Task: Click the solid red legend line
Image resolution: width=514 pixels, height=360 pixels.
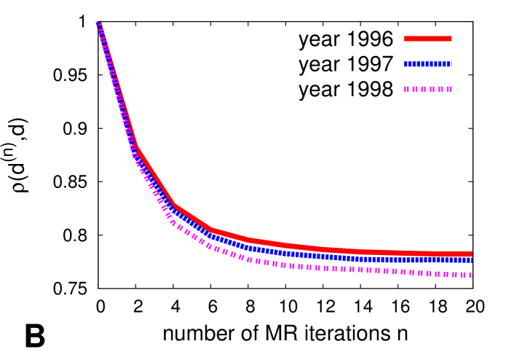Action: pyautogui.click(x=427, y=39)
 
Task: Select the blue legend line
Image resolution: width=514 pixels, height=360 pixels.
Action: pyautogui.click(x=427, y=64)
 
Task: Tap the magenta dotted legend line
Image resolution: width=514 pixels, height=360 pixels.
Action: pyautogui.click(x=427, y=89)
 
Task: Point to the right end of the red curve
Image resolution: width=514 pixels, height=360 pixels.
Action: pyautogui.click(x=471, y=254)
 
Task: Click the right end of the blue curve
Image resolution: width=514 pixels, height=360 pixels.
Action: pyautogui.click(x=471, y=260)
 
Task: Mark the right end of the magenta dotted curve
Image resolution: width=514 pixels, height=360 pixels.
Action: pyautogui.click(x=471, y=275)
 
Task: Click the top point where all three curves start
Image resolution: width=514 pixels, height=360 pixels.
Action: pyautogui.click(x=98, y=23)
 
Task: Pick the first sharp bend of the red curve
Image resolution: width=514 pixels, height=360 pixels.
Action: pyautogui.click(x=137, y=149)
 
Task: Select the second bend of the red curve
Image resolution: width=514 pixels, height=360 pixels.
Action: pyautogui.click(x=174, y=205)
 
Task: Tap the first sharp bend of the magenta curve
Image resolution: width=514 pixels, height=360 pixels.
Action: pyautogui.click(x=135, y=160)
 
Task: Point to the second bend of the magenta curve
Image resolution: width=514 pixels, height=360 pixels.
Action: pyautogui.click(x=173, y=223)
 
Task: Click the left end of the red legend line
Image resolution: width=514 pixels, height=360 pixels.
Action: pyautogui.click(x=405, y=39)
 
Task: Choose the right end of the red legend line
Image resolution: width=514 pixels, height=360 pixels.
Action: pyautogui.click(x=451, y=39)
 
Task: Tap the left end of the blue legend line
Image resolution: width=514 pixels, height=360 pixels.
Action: pyautogui.click(x=405, y=64)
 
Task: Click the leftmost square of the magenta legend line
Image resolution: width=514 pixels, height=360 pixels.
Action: pyautogui.click(x=406, y=89)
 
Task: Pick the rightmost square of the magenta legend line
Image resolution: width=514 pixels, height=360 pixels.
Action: pyautogui.click(x=449, y=89)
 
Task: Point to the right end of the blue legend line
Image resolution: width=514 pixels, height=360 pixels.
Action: pyautogui.click(x=451, y=64)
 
